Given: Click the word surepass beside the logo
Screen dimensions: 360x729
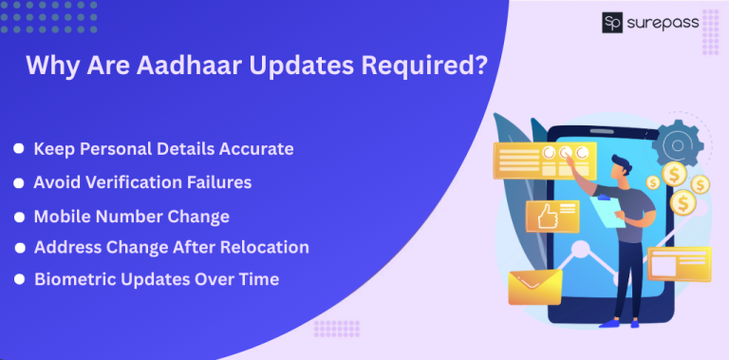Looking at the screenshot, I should (x=666, y=21).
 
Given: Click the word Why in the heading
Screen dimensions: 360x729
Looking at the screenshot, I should (x=46, y=66).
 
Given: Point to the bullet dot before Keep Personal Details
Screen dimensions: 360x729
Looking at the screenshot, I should (x=19, y=149).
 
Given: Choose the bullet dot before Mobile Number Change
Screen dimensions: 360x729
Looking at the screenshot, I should (x=19, y=216).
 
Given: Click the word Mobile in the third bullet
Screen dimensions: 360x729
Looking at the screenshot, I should (x=62, y=216).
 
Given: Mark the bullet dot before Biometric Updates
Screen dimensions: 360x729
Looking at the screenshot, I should (x=19, y=279).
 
